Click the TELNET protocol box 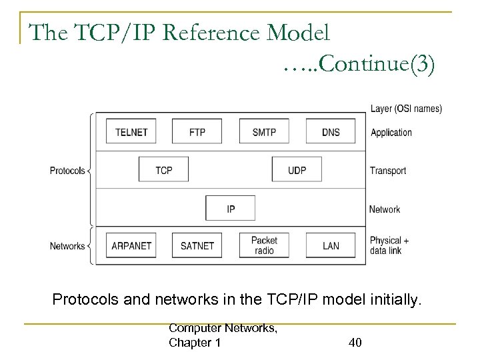[x=131, y=132]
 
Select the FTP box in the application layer [x=197, y=132]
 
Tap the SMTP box [x=264, y=132]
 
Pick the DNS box [x=331, y=132]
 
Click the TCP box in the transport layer [x=164, y=170]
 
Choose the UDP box [x=297, y=170]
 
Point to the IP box [x=231, y=209]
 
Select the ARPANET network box [x=131, y=246]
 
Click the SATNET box [x=197, y=246]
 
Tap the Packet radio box [x=264, y=246]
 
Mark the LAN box [x=331, y=246]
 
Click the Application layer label [x=391, y=133]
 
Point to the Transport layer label [x=388, y=171]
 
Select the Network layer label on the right [x=385, y=209]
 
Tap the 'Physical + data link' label [x=389, y=246]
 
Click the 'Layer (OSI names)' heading [x=405, y=109]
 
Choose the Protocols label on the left [x=67, y=171]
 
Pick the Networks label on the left [x=67, y=246]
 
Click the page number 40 [x=355, y=343]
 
